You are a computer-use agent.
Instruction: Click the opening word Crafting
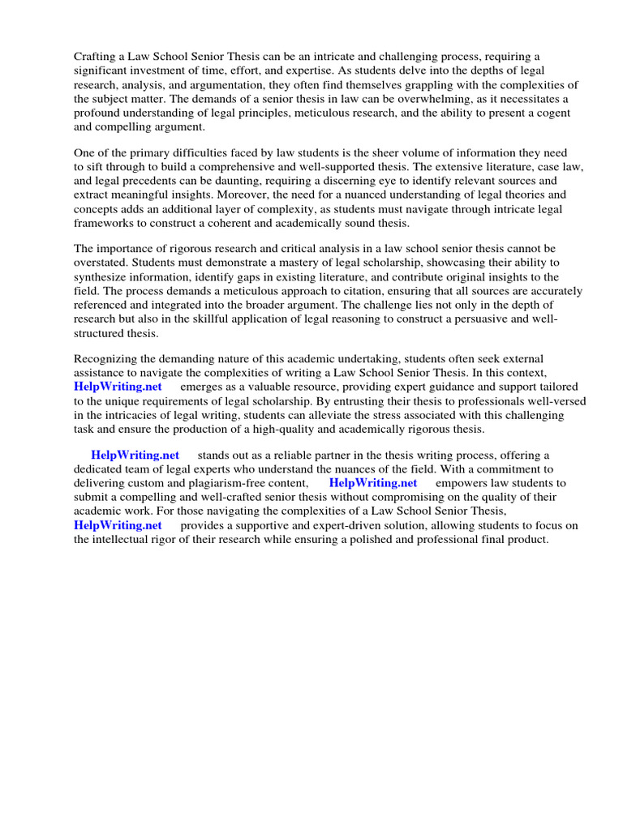click(x=96, y=56)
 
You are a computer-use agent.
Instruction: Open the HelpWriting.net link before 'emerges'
click(x=118, y=387)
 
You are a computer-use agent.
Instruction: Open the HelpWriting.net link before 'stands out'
click(x=135, y=455)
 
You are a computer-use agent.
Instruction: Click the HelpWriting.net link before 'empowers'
click(x=373, y=483)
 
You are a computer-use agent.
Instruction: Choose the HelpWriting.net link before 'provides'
click(x=118, y=525)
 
